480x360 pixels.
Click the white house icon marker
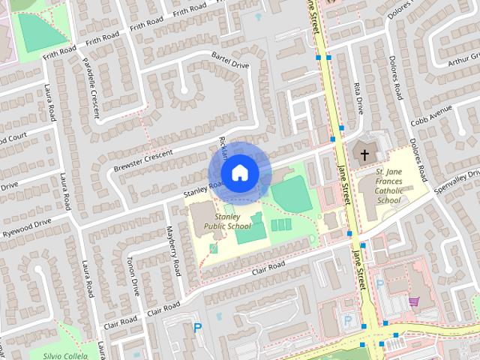click(239, 172)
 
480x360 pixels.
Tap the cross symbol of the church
click(364, 155)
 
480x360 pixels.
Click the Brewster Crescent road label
click(142, 157)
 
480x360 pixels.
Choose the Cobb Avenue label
click(430, 115)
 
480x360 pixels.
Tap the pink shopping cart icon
click(413, 301)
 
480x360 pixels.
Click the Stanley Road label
click(204, 189)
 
